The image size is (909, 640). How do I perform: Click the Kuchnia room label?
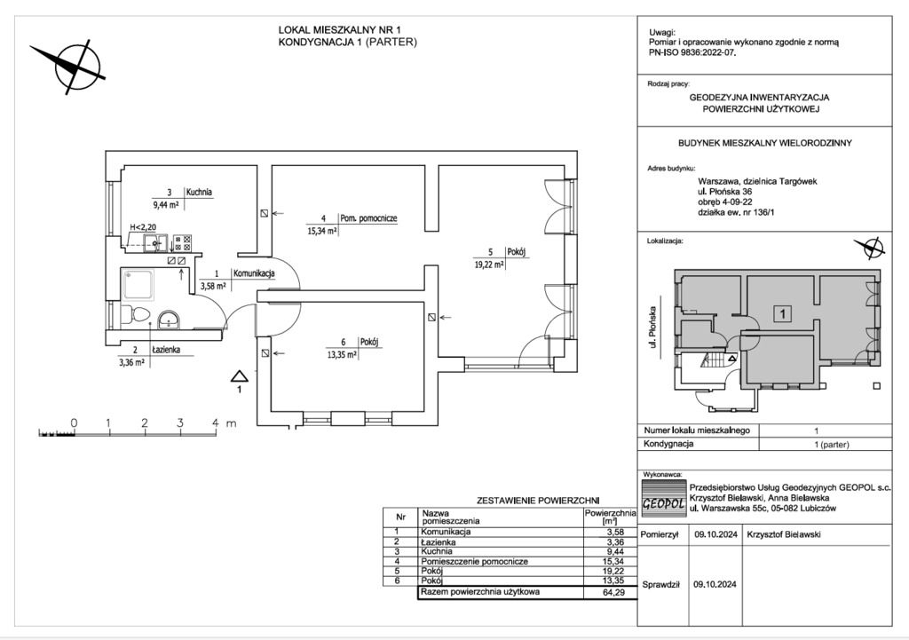(x=199, y=192)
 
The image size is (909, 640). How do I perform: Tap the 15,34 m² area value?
(x=321, y=231)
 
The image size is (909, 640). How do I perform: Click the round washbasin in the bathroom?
(x=169, y=319)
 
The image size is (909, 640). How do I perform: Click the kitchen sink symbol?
(x=150, y=240)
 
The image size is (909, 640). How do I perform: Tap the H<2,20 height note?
(x=143, y=227)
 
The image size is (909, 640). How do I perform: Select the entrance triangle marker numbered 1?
(x=239, y=375)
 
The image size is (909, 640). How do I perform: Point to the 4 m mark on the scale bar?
(x=216, y=423)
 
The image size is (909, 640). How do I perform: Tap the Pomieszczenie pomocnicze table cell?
(x=475, y=561)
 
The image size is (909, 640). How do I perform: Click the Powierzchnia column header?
(x=611, y=516)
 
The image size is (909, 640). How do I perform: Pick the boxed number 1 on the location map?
(x=783, y=313)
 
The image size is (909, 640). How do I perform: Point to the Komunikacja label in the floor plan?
(x=253, y=274)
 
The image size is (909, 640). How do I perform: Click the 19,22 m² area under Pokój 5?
(x=488, y=264)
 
